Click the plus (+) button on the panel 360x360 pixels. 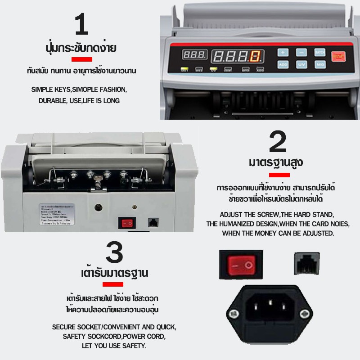coord(283,52)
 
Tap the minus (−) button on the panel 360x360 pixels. coord(301,52)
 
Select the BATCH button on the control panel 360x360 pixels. coord(319,52)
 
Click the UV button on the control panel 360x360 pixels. coord(301,65)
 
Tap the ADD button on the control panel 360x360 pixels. coord(283,65)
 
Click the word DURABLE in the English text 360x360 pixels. coord(51,100)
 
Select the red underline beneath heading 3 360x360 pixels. coord(112,284)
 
